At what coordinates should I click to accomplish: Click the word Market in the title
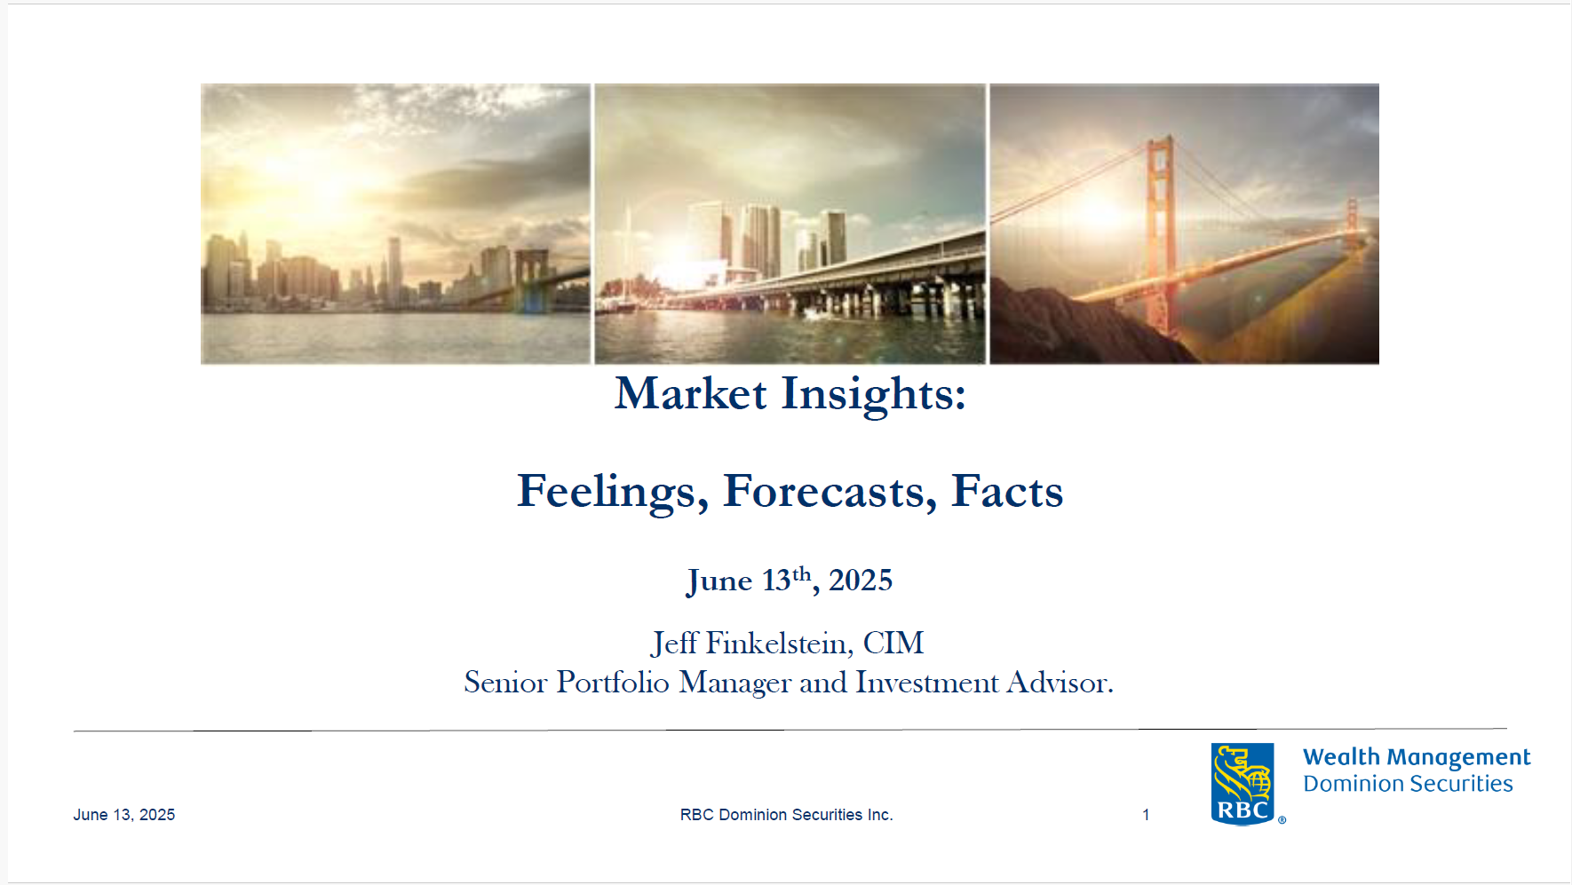[x=691, y=393]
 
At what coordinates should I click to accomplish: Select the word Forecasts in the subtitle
[x=830, y=492]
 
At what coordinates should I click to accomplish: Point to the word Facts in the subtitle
[x=1007, y=491]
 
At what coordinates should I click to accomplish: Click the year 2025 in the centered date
[x=861, y=581]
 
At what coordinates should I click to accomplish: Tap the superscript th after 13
[x=801, y=573]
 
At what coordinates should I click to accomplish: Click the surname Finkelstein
[x=780, y=644]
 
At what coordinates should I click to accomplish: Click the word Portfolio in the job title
[x=613, y=682]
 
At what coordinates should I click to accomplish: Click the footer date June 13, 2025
[x=124, y=815]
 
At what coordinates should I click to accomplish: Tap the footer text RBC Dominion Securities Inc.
[x=787, y=815]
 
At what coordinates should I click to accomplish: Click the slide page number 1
[x=1146, y=815]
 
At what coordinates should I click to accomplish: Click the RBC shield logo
[x=1243, y=785]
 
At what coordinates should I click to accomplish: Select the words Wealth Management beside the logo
[x=1417, y=758]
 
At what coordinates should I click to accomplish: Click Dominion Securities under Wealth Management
[x=1408, y=784]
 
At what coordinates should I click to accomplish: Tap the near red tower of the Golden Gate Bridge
[x=1159, y=235]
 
